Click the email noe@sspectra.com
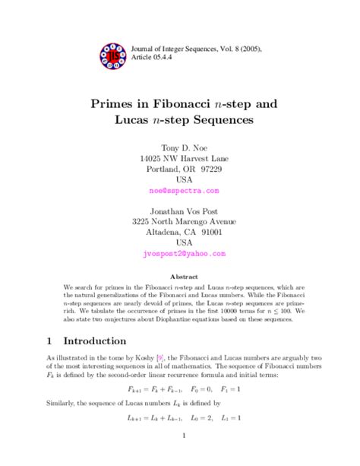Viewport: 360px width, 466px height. pyautogui.click(x=179, y=192)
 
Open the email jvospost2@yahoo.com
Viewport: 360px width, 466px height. pyautogui.click(x=179, y=254)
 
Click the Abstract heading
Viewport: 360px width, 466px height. pyautogui.click(x=180, y=277)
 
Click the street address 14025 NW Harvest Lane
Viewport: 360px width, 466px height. pyautogui.click(x=179, y=158)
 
